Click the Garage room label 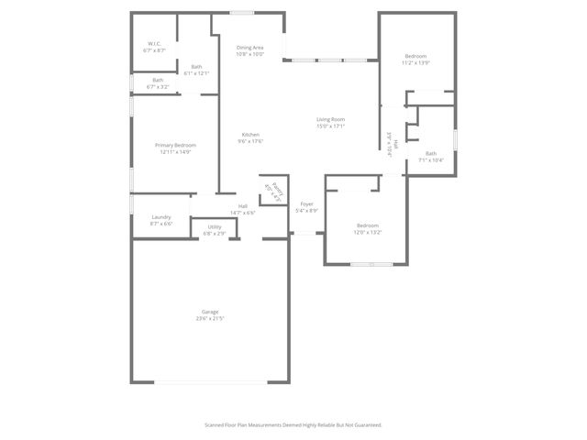pos(210,313)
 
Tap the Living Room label pos(330,119)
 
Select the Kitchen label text pos(250,135)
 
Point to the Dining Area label pos(250,48)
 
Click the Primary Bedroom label pos(174,145)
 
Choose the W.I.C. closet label pos(155,44)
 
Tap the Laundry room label pos(161,217)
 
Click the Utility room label pos(214,227)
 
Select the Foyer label pos(307,204)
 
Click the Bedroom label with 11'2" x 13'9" pos(415,57)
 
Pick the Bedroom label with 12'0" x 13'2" pos(368,225)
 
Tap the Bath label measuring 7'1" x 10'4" pos(431,153)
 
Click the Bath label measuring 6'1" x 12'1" pos(197,67)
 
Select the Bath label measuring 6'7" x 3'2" pos(159,81)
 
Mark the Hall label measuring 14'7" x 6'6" pos(243,206)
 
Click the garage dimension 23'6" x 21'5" pos(210,319)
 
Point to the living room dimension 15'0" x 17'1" pos(330,126)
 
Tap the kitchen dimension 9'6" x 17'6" pos(250,141)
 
